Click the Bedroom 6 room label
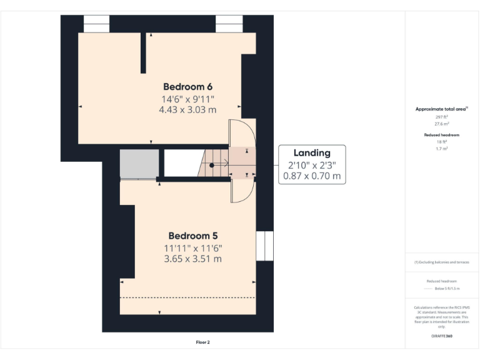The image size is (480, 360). tap(187, 86)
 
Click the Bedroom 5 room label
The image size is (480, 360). tap(193, 236)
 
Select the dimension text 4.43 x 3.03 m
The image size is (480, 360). tap(187, 109)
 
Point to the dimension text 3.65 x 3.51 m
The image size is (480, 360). tap(193, 259)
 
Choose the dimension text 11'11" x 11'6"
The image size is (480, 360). tap(193, 247)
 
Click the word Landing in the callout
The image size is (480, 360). tap(312, 152)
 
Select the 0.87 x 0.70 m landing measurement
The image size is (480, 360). tap(312, 176)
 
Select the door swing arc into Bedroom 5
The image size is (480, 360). tap(243, 191)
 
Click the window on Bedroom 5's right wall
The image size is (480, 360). tap(265, 246)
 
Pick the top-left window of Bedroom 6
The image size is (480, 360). tap(96, 24)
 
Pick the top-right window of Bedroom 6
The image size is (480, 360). tap(229, 24)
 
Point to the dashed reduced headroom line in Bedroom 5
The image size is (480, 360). tap(187, 297)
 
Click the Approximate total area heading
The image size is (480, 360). tap(442, 109)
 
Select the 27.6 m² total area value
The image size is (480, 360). tap(442, 124)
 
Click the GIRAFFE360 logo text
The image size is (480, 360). tap(442, 336)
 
